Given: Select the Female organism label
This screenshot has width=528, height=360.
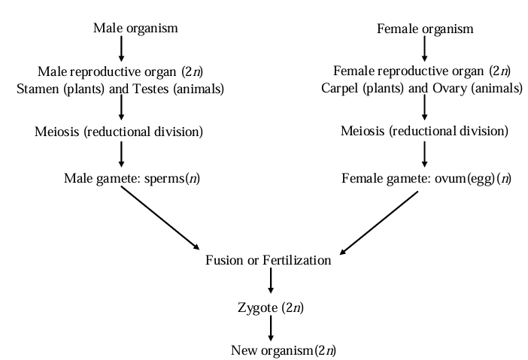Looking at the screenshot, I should click(x=424, y=29).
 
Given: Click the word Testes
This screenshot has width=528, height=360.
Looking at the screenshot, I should click(x=151, y=89).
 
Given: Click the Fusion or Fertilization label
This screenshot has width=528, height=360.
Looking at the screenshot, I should click(x=269, y=261).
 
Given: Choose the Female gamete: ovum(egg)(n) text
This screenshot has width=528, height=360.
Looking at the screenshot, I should click(x=426, y=180).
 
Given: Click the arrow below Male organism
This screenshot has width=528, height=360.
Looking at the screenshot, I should click(x=121, y=50).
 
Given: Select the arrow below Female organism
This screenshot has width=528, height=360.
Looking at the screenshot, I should click(x=424, y=50).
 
